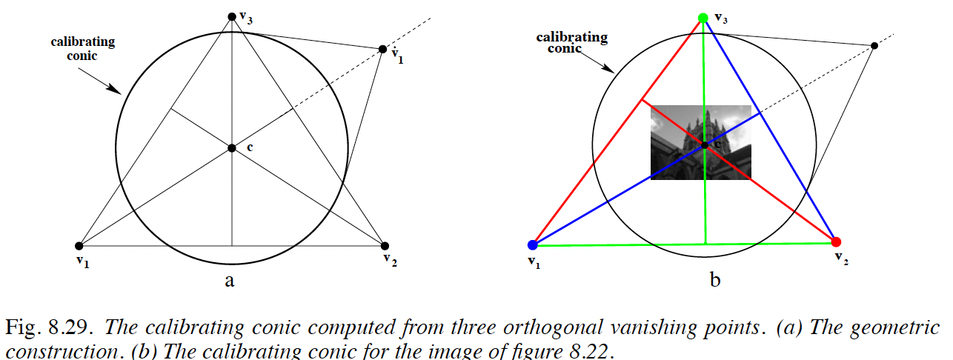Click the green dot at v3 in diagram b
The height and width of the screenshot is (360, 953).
click(703, 18)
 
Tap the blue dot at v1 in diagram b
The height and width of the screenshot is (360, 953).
click(533, 245)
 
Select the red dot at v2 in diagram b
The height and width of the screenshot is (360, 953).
click(836, 241)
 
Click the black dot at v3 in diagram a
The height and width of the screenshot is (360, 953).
click(232, 16)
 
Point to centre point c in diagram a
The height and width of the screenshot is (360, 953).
click(232, 148)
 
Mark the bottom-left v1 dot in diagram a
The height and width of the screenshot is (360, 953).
click(79, 246)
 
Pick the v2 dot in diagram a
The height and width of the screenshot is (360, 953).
click(385, 246)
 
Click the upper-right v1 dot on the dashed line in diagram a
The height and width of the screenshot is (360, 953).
click(382, 50)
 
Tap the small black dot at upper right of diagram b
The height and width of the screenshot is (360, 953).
click(874, 46)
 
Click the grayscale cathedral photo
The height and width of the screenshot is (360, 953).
click(701, 142)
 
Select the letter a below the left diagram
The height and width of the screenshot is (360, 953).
click(230, 281)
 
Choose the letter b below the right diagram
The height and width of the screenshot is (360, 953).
click(715, 280)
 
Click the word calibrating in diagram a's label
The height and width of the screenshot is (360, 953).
click(83, 42)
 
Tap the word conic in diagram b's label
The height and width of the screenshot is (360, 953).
click(564, 49)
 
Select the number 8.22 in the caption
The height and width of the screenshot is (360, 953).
click(589, 351)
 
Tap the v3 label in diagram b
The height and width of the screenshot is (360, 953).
click(721, 19)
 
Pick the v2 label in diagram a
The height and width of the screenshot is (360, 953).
click(390, 260)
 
